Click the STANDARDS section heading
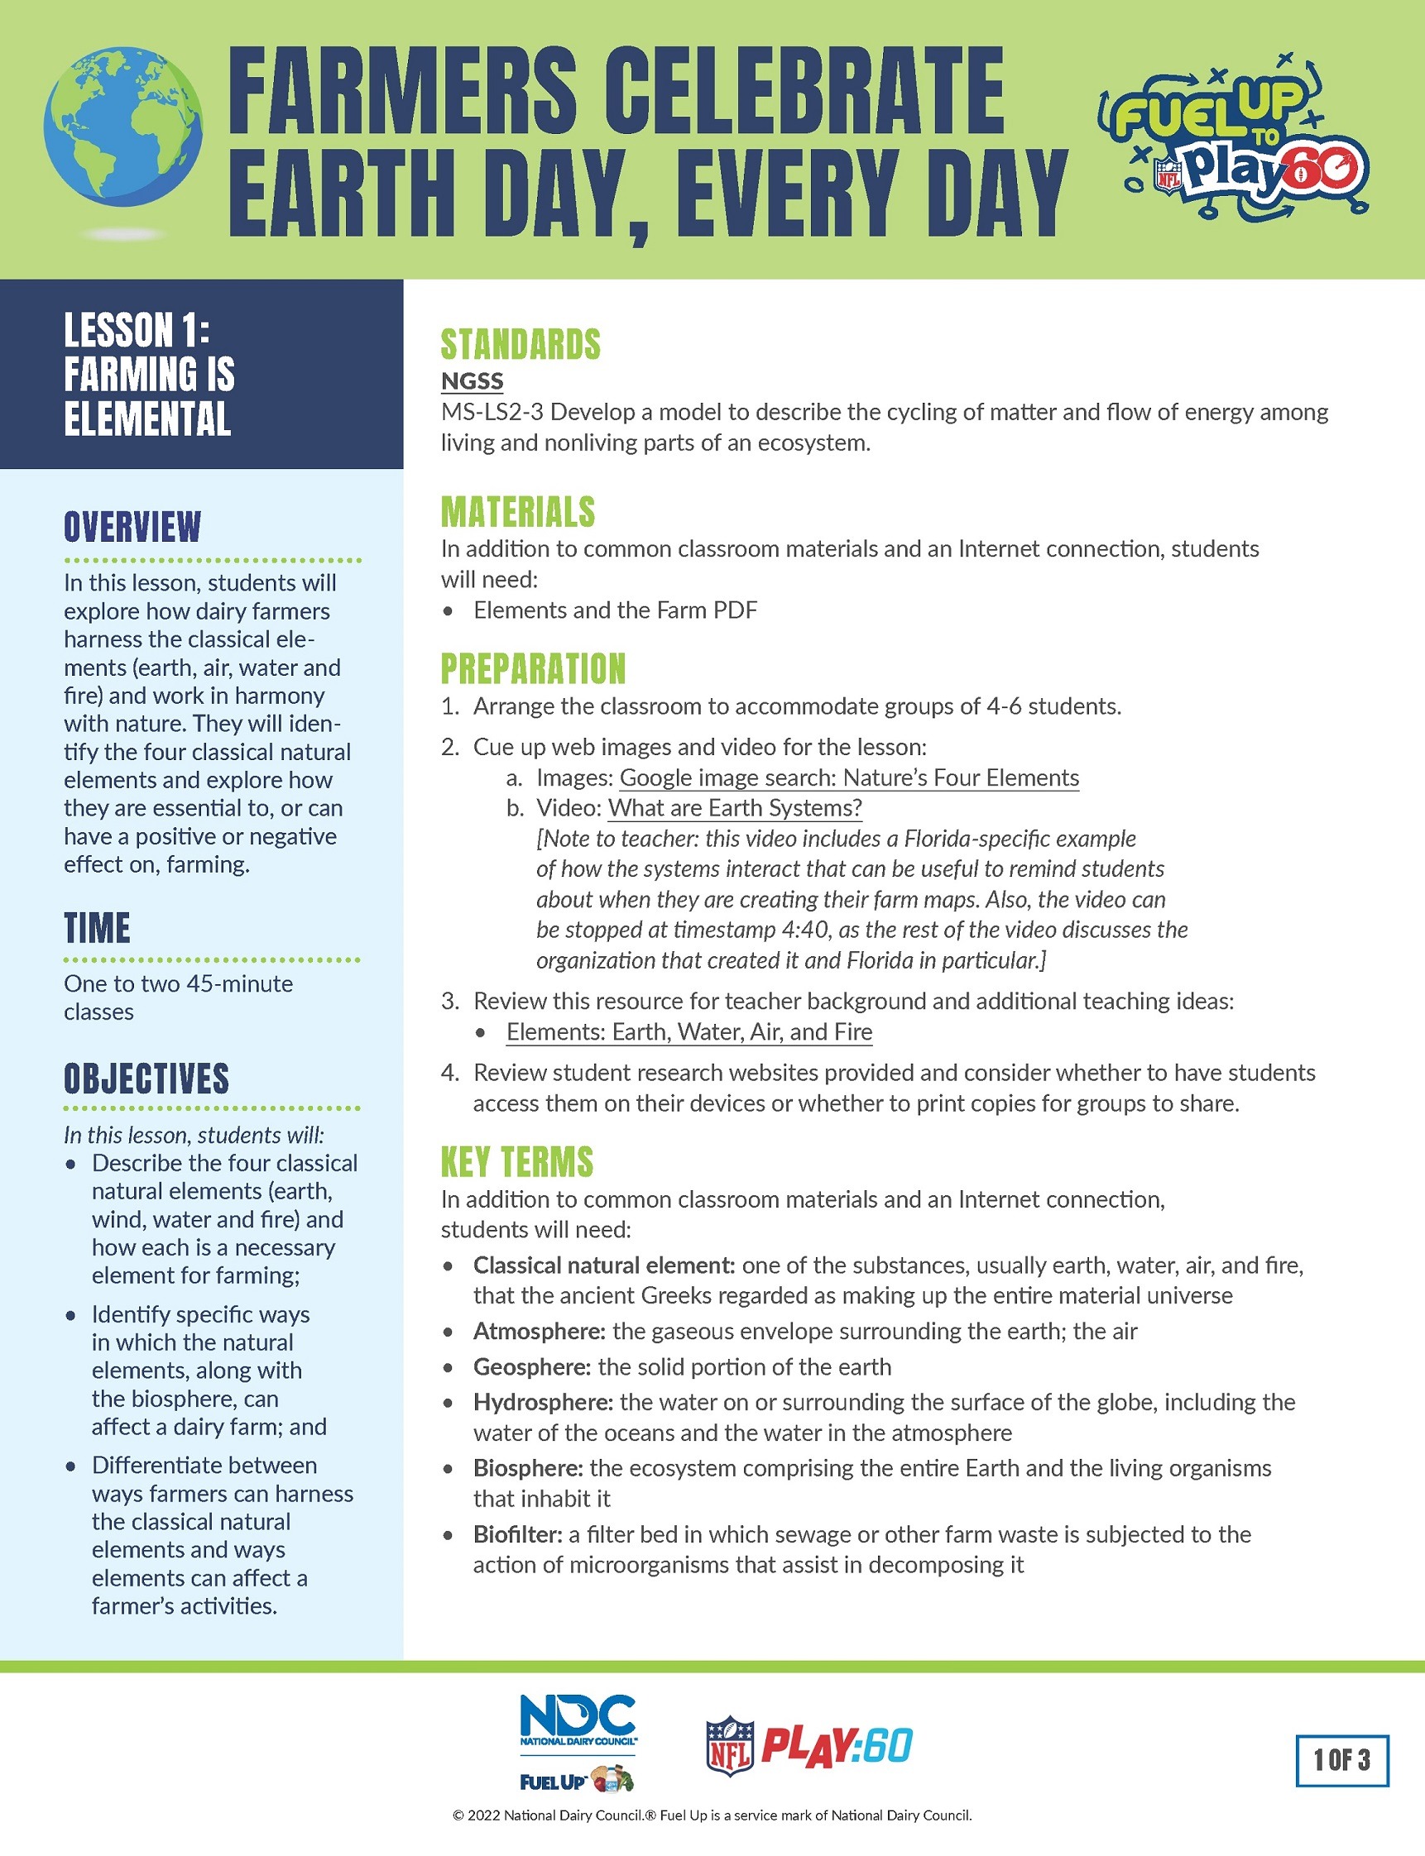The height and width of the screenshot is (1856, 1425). tap(520, 344)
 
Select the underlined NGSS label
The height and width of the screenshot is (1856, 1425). tap(472, 380)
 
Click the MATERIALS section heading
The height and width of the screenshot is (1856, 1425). tap(517, 511)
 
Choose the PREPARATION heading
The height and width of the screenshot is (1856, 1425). tap(533, 668)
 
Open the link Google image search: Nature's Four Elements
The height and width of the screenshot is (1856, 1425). tap(849, 777)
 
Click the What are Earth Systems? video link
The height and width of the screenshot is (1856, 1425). tap(735, 808)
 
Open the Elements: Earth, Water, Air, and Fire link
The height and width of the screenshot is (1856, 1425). tap(689, 1032)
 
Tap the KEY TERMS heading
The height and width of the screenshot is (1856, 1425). tap(516, 1161)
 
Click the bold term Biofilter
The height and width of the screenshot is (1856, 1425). tap(517, 1533)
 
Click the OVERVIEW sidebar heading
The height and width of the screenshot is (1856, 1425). tap(132, 527)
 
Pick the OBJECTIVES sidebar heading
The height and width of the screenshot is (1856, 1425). tap(146, 1079)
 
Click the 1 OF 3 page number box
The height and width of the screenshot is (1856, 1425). tap(1342, 1760)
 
